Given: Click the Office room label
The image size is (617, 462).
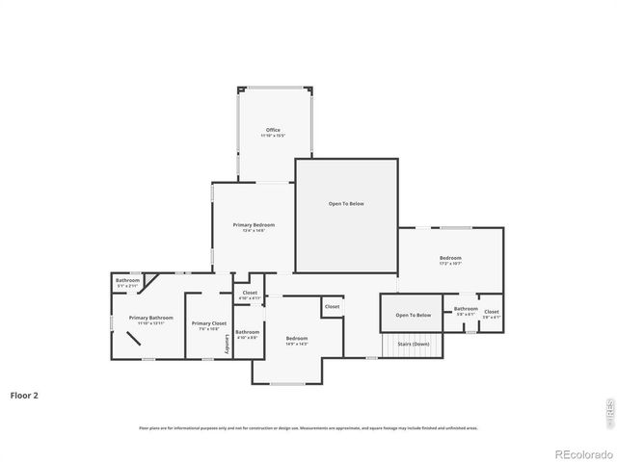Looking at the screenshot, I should (273, 130).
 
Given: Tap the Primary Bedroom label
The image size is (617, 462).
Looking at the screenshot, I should (254, 225).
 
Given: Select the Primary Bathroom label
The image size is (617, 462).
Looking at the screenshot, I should (151, 318).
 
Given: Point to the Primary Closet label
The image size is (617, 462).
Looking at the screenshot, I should (208, 323).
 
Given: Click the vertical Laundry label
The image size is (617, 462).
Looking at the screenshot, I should (228, 344).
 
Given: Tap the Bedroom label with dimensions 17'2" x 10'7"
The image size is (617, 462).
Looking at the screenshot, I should (450, 258).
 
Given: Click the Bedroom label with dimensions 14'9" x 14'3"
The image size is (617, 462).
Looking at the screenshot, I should (297, 338).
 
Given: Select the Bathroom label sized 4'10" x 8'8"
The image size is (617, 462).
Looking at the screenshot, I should (247, 332).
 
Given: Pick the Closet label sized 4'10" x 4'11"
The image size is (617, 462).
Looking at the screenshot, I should (250, 293).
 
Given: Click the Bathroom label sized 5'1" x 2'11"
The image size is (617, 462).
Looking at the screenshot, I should (128, 280).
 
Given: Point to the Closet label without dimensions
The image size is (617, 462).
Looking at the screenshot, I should (332, 307).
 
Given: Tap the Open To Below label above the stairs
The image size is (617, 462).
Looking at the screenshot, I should (413, 315).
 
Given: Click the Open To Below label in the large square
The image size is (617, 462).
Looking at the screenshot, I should (346, 204).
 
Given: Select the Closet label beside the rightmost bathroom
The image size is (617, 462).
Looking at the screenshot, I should (491, 312).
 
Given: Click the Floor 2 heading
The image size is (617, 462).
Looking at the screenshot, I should (24, 395).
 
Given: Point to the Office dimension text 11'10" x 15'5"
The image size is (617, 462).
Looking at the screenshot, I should (273, 136).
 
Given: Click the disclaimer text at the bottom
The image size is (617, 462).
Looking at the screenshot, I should (308, 427).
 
